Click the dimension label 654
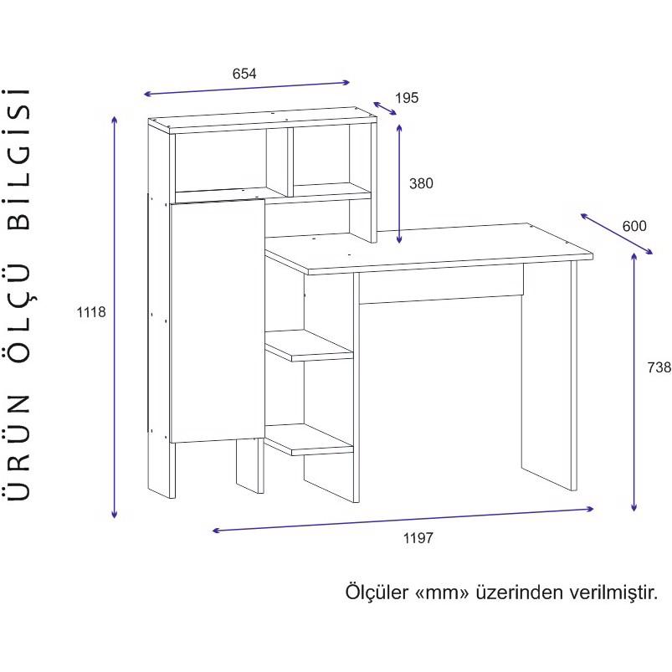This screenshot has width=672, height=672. click(x=244, y=74)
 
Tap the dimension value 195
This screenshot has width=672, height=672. click(x=406, y=98)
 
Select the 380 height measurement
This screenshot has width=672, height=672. click(x=421, y=183)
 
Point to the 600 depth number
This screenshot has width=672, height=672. click(x=634, y=226)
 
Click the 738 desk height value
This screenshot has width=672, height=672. click(x=659, y=367)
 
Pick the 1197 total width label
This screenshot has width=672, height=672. click(x=418, y=538)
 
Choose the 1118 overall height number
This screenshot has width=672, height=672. click(x=91, y=312)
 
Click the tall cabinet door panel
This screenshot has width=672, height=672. click(x=217, y=321)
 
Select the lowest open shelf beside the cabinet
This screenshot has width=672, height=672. click(x=309, y=439)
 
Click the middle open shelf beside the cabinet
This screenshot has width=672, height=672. click(x=309, y=345)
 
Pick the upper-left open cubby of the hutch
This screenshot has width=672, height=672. click(x=221, y=162)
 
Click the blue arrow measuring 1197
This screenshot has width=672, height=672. click(x=403, y=520)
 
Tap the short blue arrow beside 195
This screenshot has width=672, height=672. click(x=385, y=109)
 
